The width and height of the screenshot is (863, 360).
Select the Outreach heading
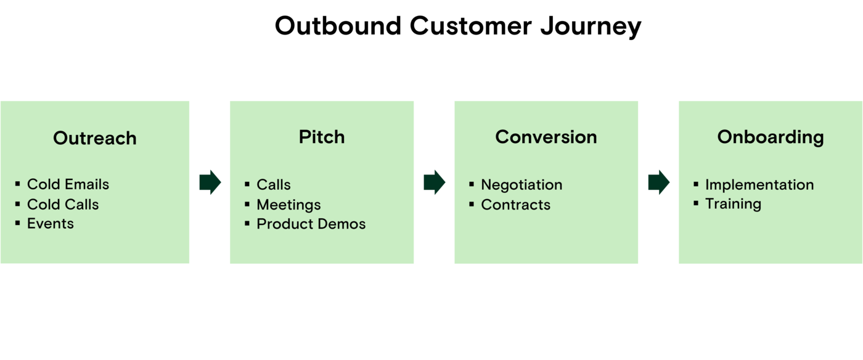point(95,138)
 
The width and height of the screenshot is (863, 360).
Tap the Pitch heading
point(322,137)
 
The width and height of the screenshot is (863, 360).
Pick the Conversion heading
point(546,137)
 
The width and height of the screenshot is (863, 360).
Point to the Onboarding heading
point(771,137)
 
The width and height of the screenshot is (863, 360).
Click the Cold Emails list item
point(68,184)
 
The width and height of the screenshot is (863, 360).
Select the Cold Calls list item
point(63,204)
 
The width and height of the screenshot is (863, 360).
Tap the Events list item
point(51,223)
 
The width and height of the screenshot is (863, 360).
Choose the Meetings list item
point(288,205)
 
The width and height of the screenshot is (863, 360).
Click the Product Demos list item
point(311,224)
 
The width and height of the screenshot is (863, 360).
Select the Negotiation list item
point(521,185)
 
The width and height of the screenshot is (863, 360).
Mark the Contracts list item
point(515,205)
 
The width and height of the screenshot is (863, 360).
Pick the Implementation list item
point(759,185)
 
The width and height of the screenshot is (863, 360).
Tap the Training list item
point(733,204)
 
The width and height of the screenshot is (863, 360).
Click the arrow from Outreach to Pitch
point(210,182)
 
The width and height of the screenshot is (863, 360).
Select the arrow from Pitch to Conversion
point(435,182)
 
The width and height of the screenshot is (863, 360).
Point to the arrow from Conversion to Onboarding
point(659,182)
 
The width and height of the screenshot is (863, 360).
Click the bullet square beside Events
point(18,223)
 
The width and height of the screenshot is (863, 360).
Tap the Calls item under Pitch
point(274,185)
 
